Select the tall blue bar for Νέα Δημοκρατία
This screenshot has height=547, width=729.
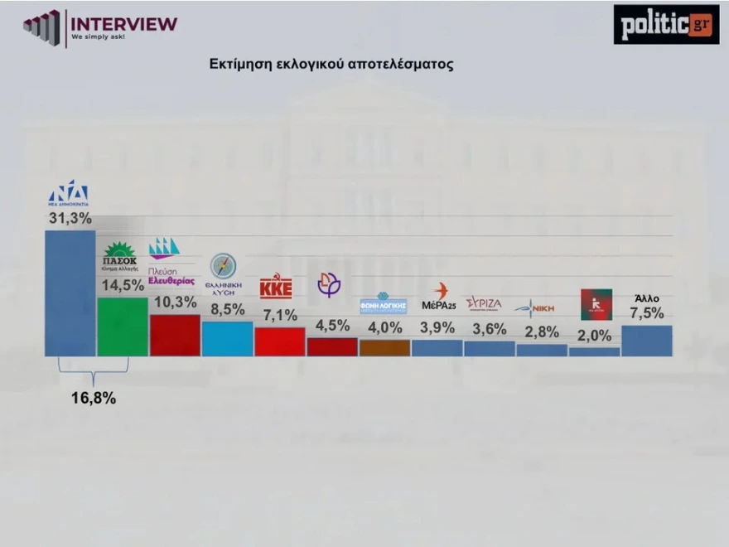click(x=70, y=293)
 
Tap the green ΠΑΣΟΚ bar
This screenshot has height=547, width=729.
click(x=123, y=327)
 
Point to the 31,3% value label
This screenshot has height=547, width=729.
click(x=70, y=218)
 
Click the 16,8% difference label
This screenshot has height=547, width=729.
click(x=93, y=398)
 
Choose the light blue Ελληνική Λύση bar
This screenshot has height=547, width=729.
click(x=227, y=338)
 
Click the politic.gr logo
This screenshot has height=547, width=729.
click(x=666, y=24)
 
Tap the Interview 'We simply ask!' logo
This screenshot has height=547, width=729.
click(x=100, y=27)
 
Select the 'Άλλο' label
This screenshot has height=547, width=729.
click(x=647, y=298)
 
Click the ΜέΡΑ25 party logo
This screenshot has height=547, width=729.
click(x=439, y=297)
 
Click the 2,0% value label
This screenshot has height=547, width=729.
click(x=594, y=336)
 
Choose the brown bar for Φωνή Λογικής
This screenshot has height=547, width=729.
click(x=384, y=348)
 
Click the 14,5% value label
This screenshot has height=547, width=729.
click(x=122, y=284)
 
